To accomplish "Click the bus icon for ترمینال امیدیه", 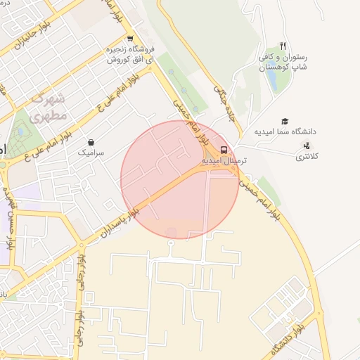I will pyautogui.click(x=224, y=150).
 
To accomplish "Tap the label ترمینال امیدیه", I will pyautogui.click(x=222, y=161).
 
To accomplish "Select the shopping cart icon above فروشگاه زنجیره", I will pyautogui.click(x=130, y=39).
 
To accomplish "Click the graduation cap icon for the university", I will pyautogui.click(x=285, y=122).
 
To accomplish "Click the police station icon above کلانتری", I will pyautogui.click(x=306, y=146).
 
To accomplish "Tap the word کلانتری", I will pyautogui.click(x=306, y=156).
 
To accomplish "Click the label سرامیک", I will pyautogui.click(x=91, y=152).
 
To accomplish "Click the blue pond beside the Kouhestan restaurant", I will pyautogui.click(x=271, y=82).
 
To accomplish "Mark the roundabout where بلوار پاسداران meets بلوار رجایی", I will pyautogui.click(x=82, y=244).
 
